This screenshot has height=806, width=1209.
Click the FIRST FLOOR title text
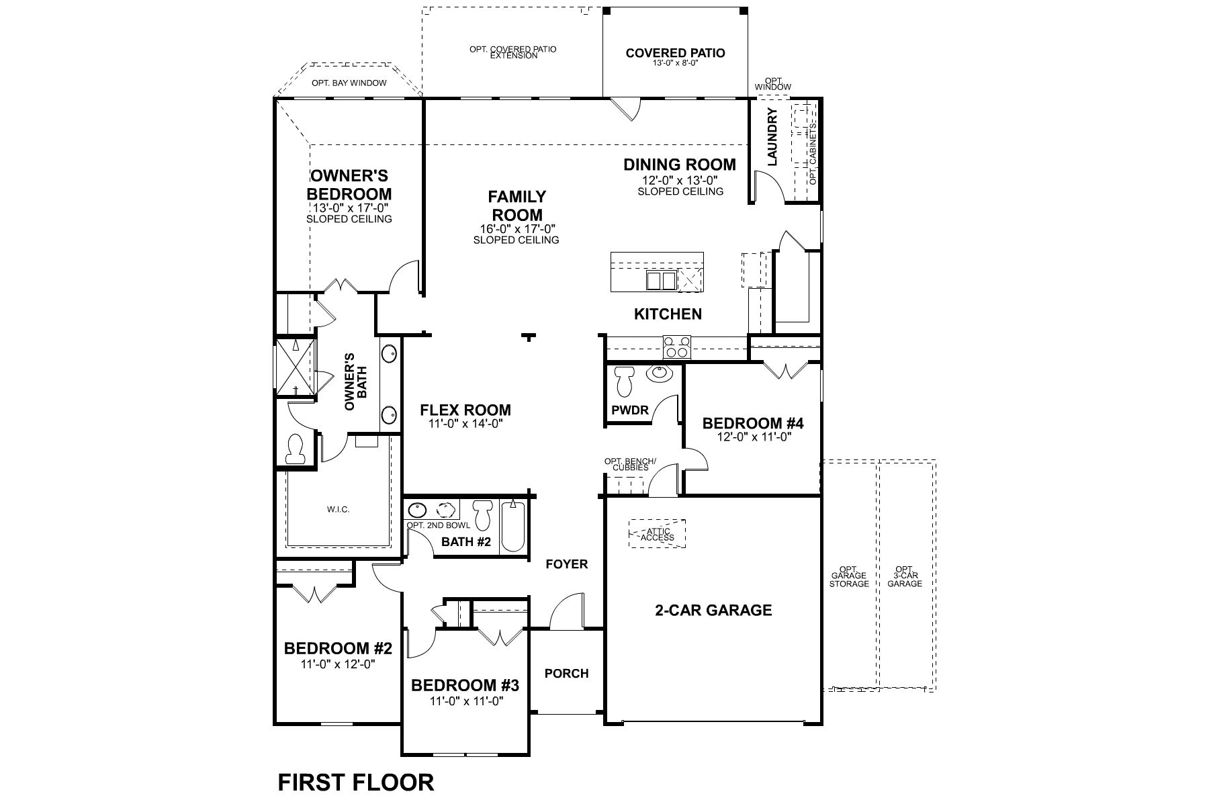click(x=355, y=782)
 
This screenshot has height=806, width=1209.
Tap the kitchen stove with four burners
click(x=676, y=347)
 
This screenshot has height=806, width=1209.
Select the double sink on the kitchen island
click(x=660, y=280)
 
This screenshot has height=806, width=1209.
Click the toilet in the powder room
click(x=625, y=382)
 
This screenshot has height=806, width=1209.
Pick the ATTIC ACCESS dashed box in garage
click(x=657, y=534)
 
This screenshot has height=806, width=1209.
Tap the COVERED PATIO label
click(x=675, y=53)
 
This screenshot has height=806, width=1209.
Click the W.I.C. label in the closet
click(x=339, y=510)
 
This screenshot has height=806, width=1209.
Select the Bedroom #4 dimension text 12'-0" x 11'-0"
click(x=752, y=437)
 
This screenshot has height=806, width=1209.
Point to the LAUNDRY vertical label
click(x=772, y=137)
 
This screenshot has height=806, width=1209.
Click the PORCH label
click(x=566, y=673)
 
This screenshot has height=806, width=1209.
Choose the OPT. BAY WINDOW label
click(x=349, y=83)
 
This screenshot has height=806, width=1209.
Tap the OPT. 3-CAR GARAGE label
click(x=904, y=576)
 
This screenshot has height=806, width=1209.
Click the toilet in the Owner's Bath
click(x=296, y=449)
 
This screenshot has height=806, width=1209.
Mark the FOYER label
click(x=566, y=564)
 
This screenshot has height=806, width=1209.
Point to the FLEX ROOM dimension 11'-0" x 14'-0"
click(x=465, y=424)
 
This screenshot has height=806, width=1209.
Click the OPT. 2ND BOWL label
click(x=438, y=525)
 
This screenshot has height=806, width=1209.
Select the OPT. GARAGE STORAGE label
click(x=850, y=576)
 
